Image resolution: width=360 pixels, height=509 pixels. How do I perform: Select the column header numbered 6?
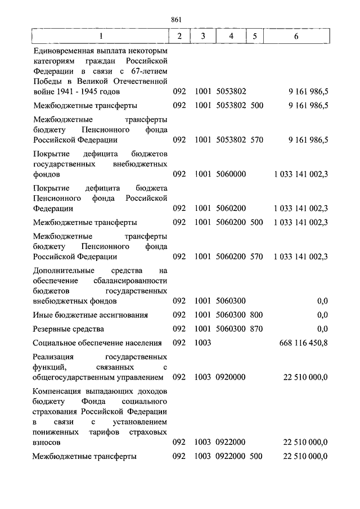(x=296, y=37)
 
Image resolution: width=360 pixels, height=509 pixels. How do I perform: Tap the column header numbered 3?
(x=202, y=37)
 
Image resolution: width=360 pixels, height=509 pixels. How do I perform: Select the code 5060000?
(x=231, y=174)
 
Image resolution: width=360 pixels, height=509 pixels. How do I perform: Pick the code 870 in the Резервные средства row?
(x=256, y=328)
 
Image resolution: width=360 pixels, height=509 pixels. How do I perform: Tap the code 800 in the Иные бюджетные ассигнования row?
(x=256, y=315)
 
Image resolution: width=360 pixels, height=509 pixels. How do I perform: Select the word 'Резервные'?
(x=51, y=328)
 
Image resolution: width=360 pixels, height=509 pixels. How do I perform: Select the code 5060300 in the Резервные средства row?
(x=231, y=328)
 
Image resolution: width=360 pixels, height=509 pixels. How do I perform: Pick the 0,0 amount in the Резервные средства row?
(x=322, y=328)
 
